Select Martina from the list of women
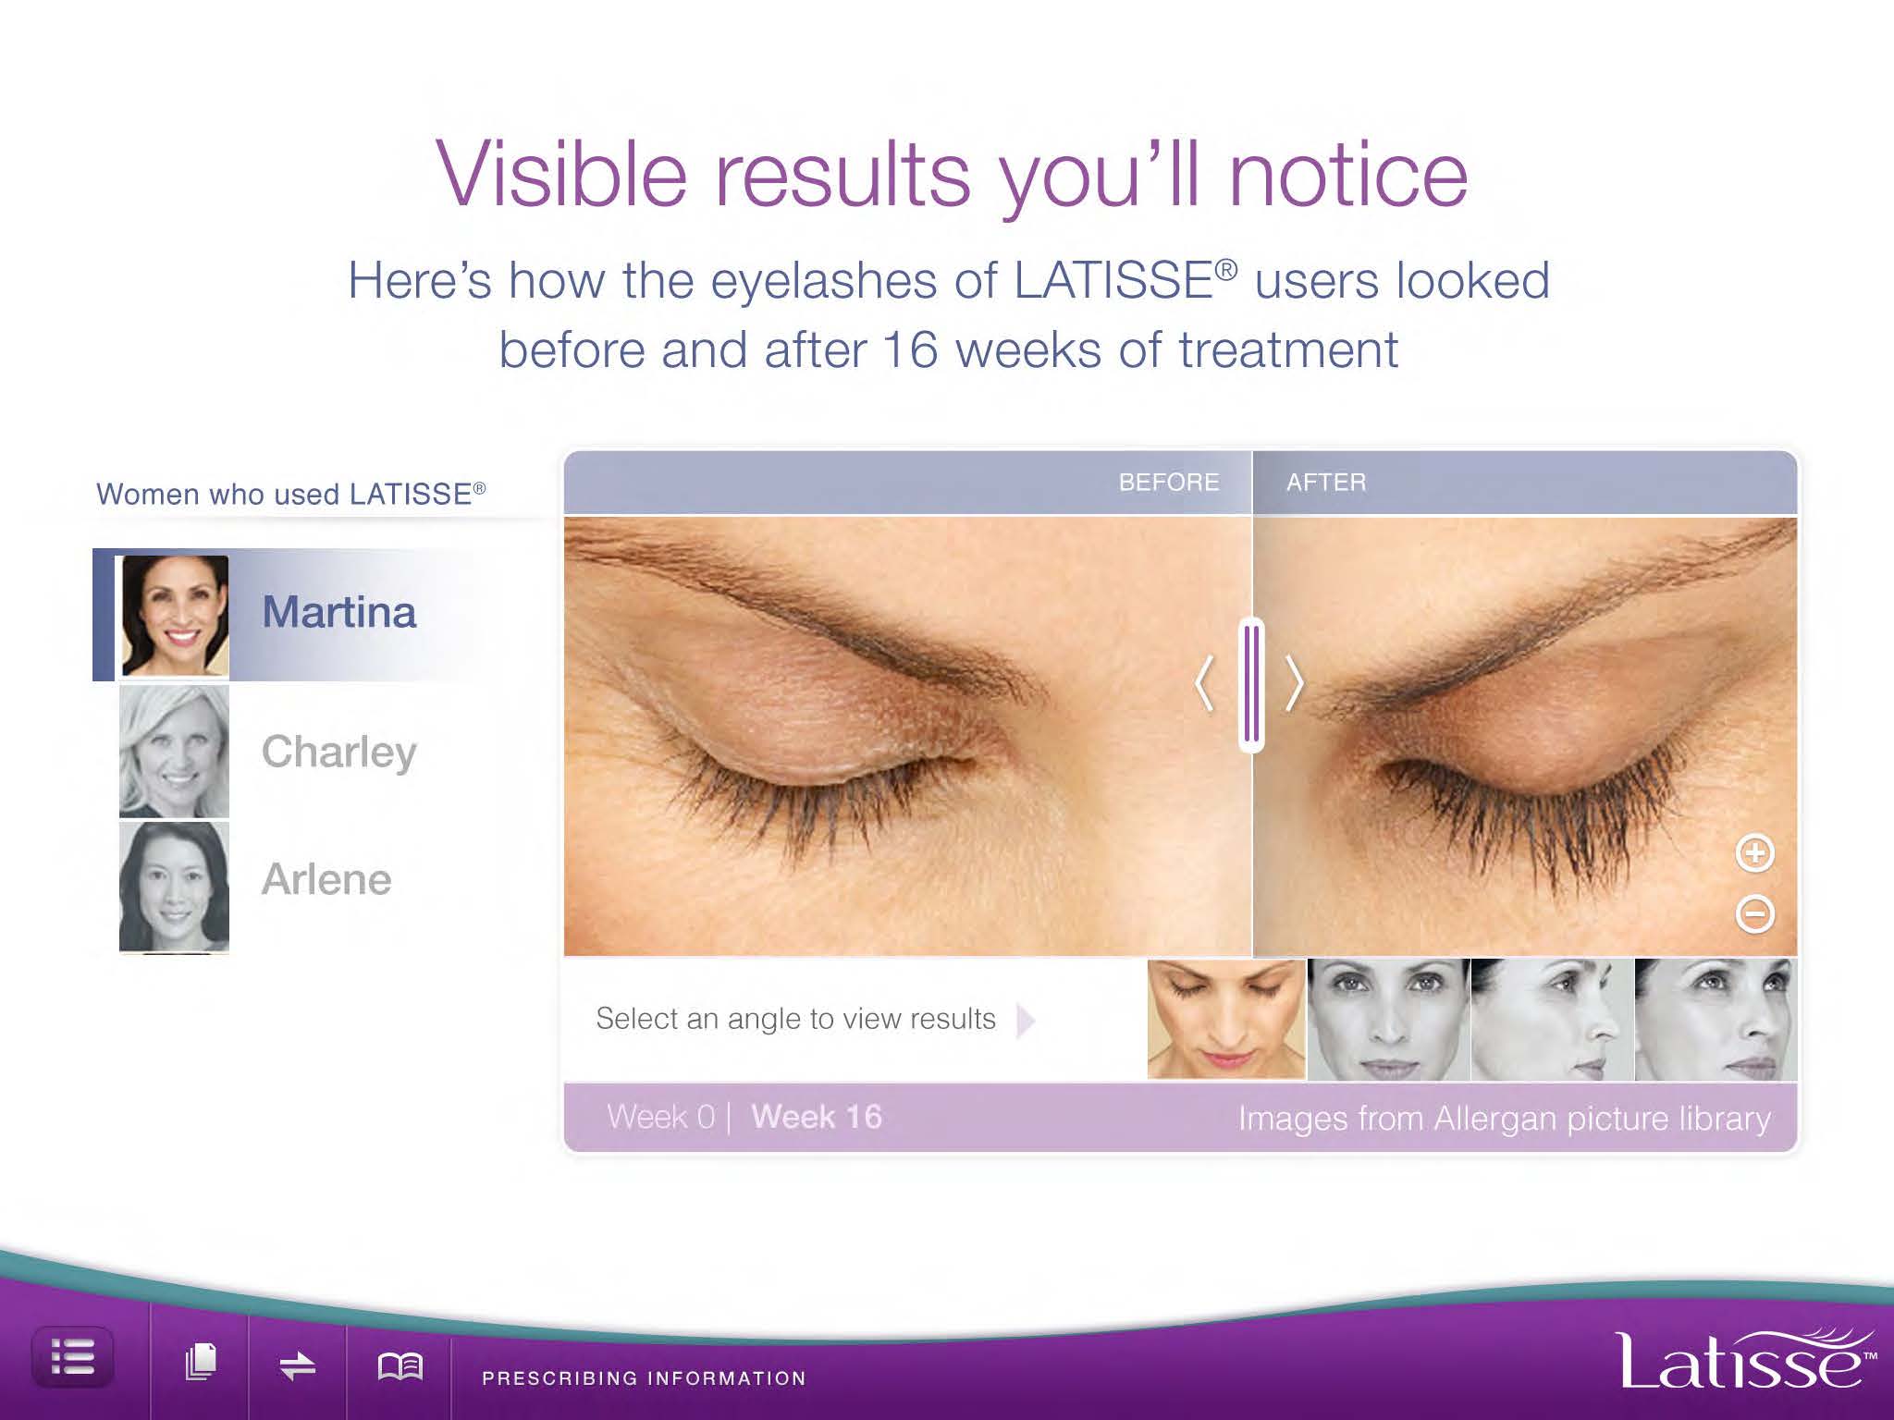click(x=338, y=612)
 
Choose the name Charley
click(x=338, y=752)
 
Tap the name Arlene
click(x=326, y=878)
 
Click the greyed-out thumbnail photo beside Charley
click(x=174, y=751)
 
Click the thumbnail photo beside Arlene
click(x=174, y=887)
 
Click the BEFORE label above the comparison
click(x=1169, y=483)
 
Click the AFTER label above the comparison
click(x=1326, y=483)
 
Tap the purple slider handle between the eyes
click(x=1252, y=684)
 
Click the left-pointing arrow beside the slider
click(x=1203, y=684)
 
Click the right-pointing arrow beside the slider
click(x=1295, y=684)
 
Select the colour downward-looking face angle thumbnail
click(x=1226, y=1019)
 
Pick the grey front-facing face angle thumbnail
click(x=1388, y=1020)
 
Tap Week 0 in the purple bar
click(x=661, y=1117)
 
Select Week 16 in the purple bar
click(x=817, y=1117)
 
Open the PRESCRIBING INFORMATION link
click(x=644, y=1378)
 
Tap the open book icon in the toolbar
click(x=400, y=1365)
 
